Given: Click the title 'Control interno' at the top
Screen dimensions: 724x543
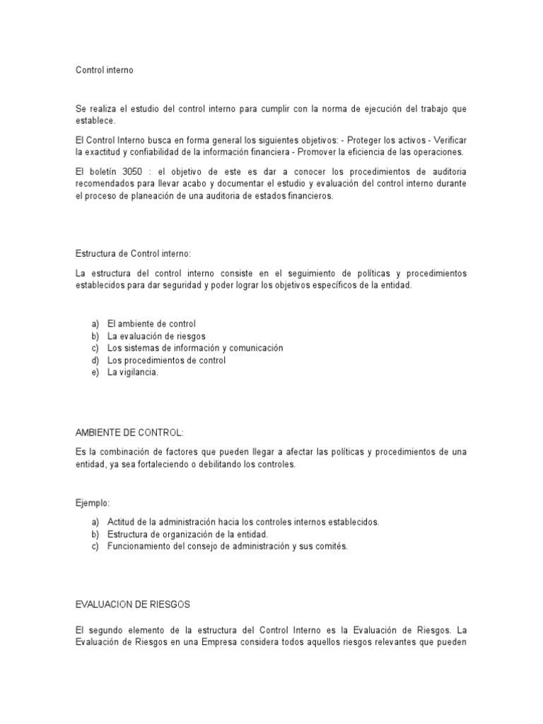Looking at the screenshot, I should point(104,71).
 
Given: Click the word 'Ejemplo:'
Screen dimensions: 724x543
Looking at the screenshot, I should point(92,503).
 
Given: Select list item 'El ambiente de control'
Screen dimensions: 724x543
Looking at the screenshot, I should point(151,324).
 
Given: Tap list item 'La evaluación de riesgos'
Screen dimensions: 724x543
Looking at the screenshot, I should point(156,337).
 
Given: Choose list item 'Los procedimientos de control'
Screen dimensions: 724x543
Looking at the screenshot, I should point(166,361).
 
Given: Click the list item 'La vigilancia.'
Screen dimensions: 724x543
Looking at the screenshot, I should point(133,373).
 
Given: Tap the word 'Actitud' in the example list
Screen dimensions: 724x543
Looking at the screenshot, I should point(121,522).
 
